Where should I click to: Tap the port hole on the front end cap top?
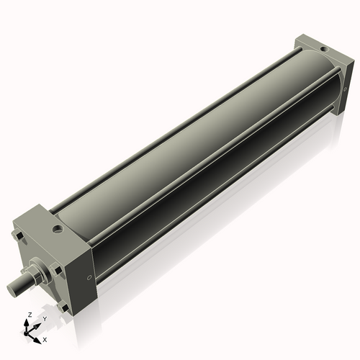[55, 231]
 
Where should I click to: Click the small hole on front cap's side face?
[89, 275]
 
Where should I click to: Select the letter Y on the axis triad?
[45, 318]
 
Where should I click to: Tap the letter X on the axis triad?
[45, 338]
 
